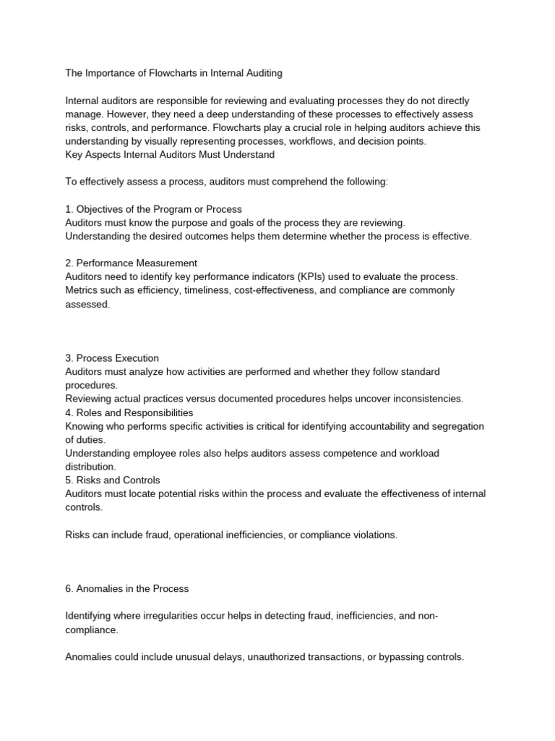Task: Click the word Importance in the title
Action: (x=109, y=72)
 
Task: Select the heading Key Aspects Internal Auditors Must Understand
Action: (x=170, y=154)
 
